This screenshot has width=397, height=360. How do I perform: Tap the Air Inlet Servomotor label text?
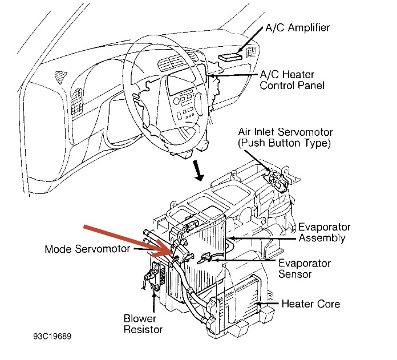tap(285, 132)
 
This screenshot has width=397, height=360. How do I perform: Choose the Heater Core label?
tap(310, 304)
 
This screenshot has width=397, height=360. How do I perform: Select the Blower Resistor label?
tap(143, 323)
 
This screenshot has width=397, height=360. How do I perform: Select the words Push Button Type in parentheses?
tap(285, 143)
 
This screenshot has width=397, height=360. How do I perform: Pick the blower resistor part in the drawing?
tap(153, 280)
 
